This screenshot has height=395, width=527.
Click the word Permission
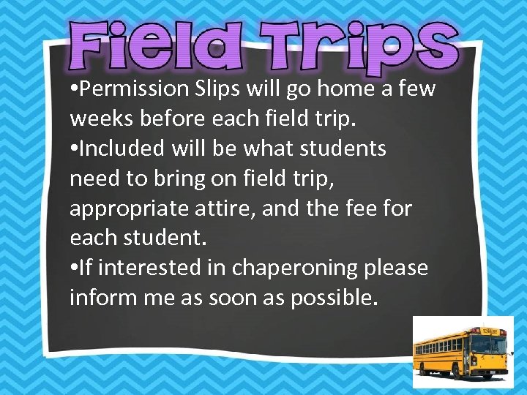click(135, 89)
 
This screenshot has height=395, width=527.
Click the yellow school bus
click(461, 350)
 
